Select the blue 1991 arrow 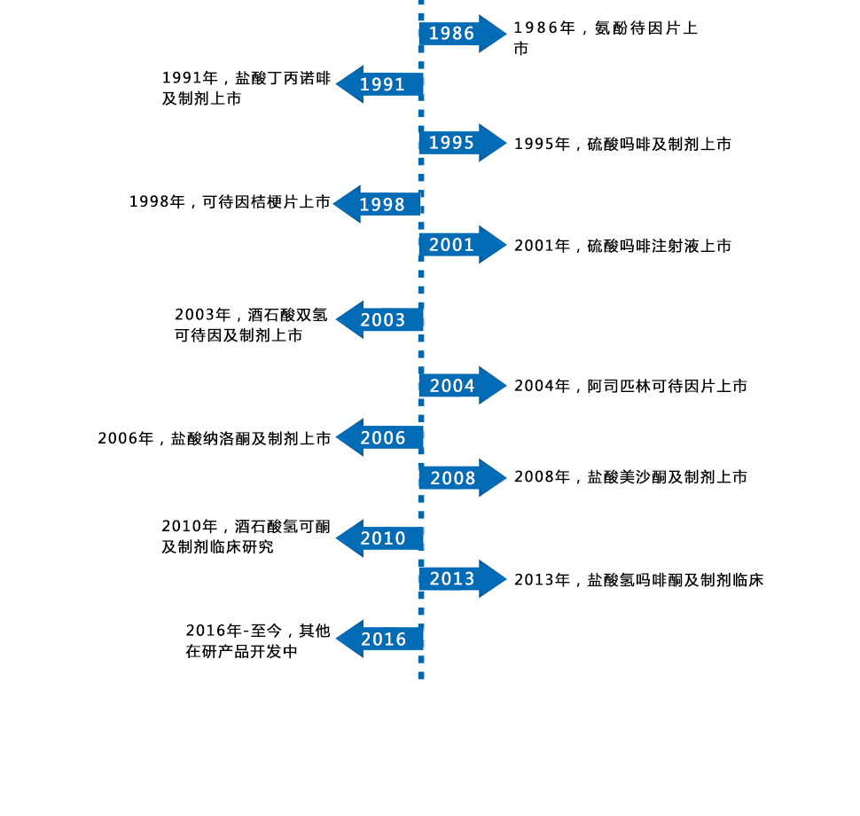point(381,84)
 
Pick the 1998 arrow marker point(379,204)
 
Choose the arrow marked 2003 point(381,320)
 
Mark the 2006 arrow point(381,438)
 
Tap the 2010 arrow point(381,538)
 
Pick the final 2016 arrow point(381,639)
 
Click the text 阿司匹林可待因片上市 point(668,386)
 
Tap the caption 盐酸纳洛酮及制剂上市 point(251,438)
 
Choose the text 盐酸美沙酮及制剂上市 point(668,477)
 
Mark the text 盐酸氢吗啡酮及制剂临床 point(676,580)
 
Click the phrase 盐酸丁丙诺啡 point(282,78)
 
